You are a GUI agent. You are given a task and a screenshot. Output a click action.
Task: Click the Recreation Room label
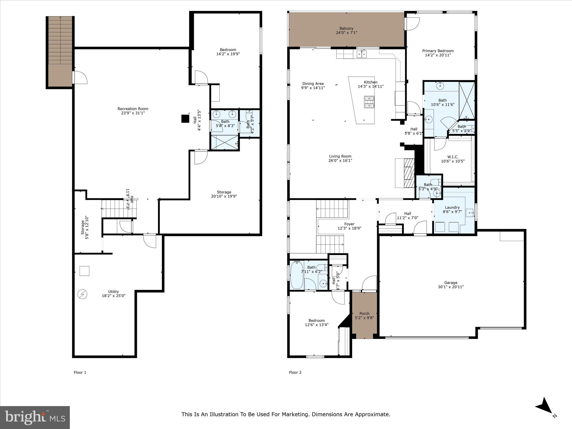tap(133, 109)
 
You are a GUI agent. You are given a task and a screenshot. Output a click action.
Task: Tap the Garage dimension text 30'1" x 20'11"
tap(451, 287)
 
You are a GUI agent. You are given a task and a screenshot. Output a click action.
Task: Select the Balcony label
tap(346, 28)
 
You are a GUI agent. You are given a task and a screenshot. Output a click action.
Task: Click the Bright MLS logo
tap(35, 418)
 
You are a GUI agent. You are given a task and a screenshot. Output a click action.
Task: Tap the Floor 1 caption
tap(80, 372)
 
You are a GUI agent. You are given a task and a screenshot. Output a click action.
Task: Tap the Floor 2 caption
tap(295, 372)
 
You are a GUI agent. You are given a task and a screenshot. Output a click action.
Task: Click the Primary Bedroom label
tap(438, 51)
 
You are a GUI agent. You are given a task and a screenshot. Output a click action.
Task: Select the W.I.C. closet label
tap(452, 157)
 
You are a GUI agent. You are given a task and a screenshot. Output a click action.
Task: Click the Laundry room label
tap(452, 207)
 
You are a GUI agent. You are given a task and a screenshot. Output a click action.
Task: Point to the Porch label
tap(364, 313)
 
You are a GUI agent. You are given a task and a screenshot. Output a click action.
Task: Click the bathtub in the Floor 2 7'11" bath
tap(297, 275)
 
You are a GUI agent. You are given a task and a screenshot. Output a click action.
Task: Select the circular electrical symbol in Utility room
tap(83, 294)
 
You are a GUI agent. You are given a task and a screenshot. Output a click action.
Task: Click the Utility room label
tap(113, 292)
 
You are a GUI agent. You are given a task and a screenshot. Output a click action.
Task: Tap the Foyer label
tap(349, 224)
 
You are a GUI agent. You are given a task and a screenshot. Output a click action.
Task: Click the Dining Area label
tap(313, 84)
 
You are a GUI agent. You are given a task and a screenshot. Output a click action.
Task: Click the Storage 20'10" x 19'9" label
tap(224, 192)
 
